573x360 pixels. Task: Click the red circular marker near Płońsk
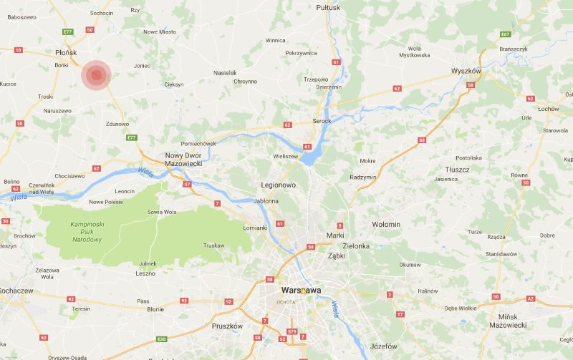coord(96,76)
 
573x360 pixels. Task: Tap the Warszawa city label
coord(300,290)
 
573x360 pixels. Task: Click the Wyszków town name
coord(466,72)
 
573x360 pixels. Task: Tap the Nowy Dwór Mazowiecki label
coord(184,160)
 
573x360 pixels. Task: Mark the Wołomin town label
coord(386,225)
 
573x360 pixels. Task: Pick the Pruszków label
coord(228,326)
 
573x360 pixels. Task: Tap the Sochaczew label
coord(16,291)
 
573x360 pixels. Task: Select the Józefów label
coord(384,346)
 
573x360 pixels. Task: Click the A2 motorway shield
coord(529,298)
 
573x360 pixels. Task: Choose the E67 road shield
coord(506,34)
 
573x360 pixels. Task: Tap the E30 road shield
coord(162,339)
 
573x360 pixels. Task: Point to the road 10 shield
coord(18,50)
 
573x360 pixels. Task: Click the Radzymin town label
coord(363,177)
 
